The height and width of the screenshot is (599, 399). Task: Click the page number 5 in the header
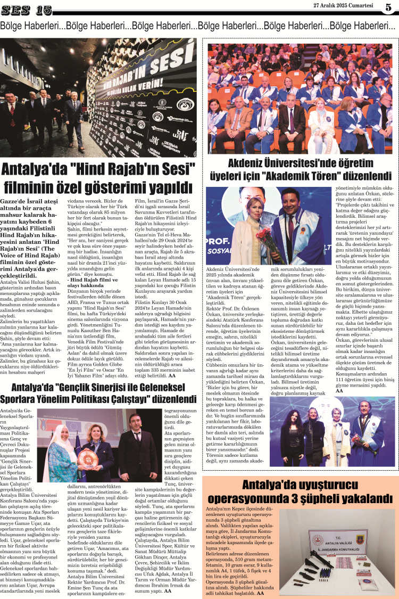(x=389, y=8)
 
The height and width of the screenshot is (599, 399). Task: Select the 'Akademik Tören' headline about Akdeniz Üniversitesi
(x=302, y=169)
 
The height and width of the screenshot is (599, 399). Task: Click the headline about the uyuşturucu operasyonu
(x=300, y=491)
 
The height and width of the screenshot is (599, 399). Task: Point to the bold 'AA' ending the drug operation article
(x=260, y=593)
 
